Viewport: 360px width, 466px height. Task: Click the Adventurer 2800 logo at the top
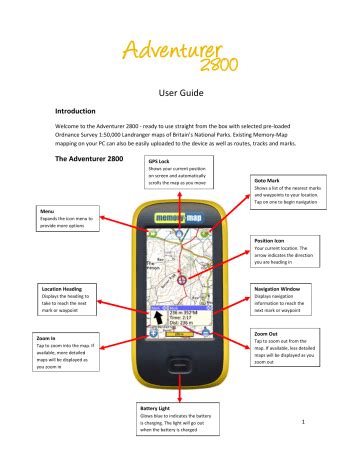181,54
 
